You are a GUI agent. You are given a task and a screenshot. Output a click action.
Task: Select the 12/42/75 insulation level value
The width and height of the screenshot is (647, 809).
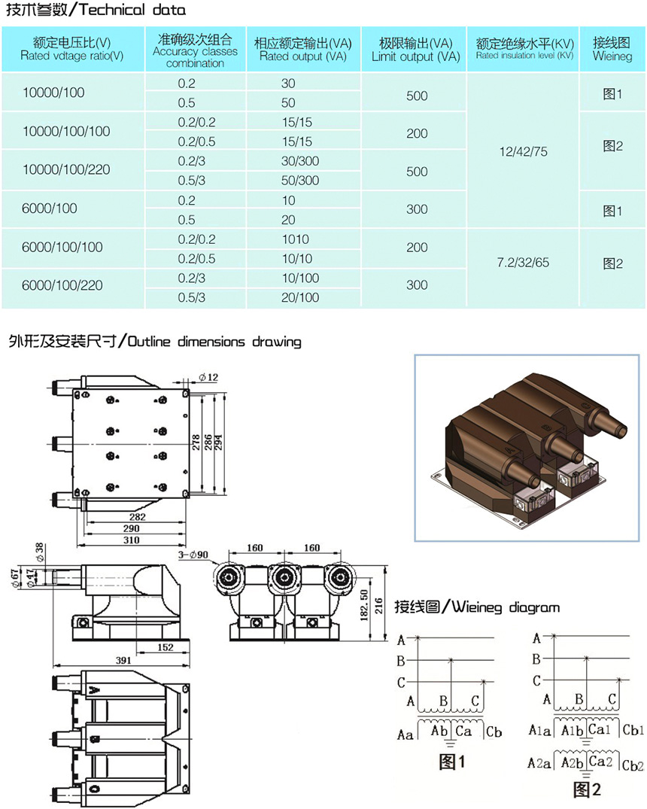(x=523, y=152)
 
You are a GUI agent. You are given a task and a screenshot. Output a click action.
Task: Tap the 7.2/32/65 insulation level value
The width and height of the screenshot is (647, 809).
(x=523, y=263)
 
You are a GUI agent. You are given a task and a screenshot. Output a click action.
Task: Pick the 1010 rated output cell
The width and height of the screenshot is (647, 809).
(x=296, y=239)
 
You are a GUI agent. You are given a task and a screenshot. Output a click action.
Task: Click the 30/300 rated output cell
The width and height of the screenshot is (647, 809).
(x=299, y=161)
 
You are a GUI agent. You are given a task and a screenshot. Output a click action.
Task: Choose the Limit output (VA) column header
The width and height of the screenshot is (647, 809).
(x=416, y=50)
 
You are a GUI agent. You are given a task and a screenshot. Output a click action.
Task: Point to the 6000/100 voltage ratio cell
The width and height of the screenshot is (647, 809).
(x=50, y=208)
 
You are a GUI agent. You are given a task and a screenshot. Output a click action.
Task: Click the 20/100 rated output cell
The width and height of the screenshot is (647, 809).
(x=299, y=297)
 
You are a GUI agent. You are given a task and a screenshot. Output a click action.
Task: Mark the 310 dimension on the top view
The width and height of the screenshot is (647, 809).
(x=131, y=540)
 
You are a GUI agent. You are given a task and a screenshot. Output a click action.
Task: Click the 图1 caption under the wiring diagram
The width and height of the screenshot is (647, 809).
(x=452, y=762)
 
